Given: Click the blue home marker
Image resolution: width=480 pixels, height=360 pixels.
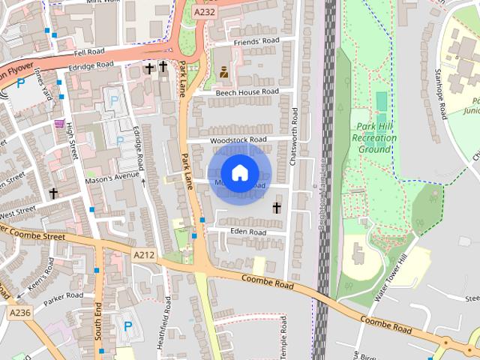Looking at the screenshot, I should [239, 173].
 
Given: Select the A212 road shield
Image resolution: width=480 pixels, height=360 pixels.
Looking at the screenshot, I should [144, 256].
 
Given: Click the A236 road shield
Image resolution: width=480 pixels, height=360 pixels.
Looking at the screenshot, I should [21, 310].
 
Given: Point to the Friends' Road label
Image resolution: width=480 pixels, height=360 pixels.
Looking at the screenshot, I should [256, 41].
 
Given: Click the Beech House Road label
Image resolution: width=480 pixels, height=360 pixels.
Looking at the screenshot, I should [247, 92].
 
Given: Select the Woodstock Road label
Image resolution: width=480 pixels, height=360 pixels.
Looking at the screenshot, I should [238, 139].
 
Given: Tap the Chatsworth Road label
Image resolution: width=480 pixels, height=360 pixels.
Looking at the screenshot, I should [295, 136].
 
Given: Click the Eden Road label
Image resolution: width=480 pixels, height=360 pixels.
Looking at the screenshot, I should [248, 232].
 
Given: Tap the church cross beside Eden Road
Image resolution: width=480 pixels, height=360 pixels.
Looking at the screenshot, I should [277, 207].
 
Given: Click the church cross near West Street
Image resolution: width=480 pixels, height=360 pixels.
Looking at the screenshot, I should [53, 193].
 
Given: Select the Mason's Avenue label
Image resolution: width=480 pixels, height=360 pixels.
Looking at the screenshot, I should [112, 175].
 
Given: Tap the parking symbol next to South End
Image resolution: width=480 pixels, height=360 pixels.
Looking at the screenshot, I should [127, 326].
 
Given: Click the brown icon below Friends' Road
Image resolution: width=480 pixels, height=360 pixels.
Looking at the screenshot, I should [224, 71].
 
